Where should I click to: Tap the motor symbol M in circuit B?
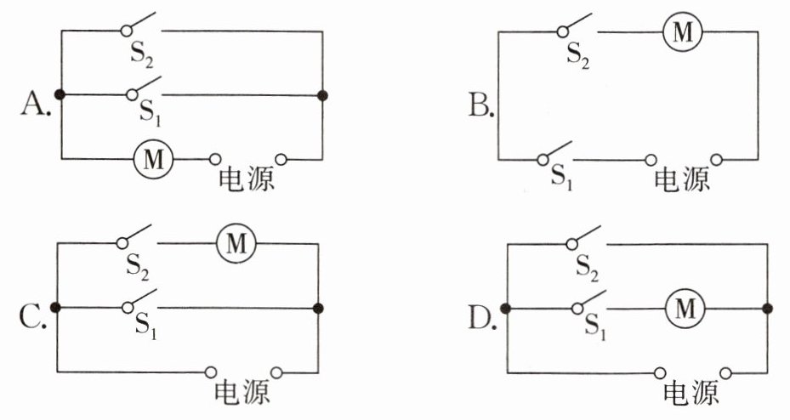point(684,32)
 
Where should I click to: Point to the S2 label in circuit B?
point(578,56)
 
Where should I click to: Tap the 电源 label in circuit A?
point(247,179)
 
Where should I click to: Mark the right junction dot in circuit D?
point(768,309)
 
